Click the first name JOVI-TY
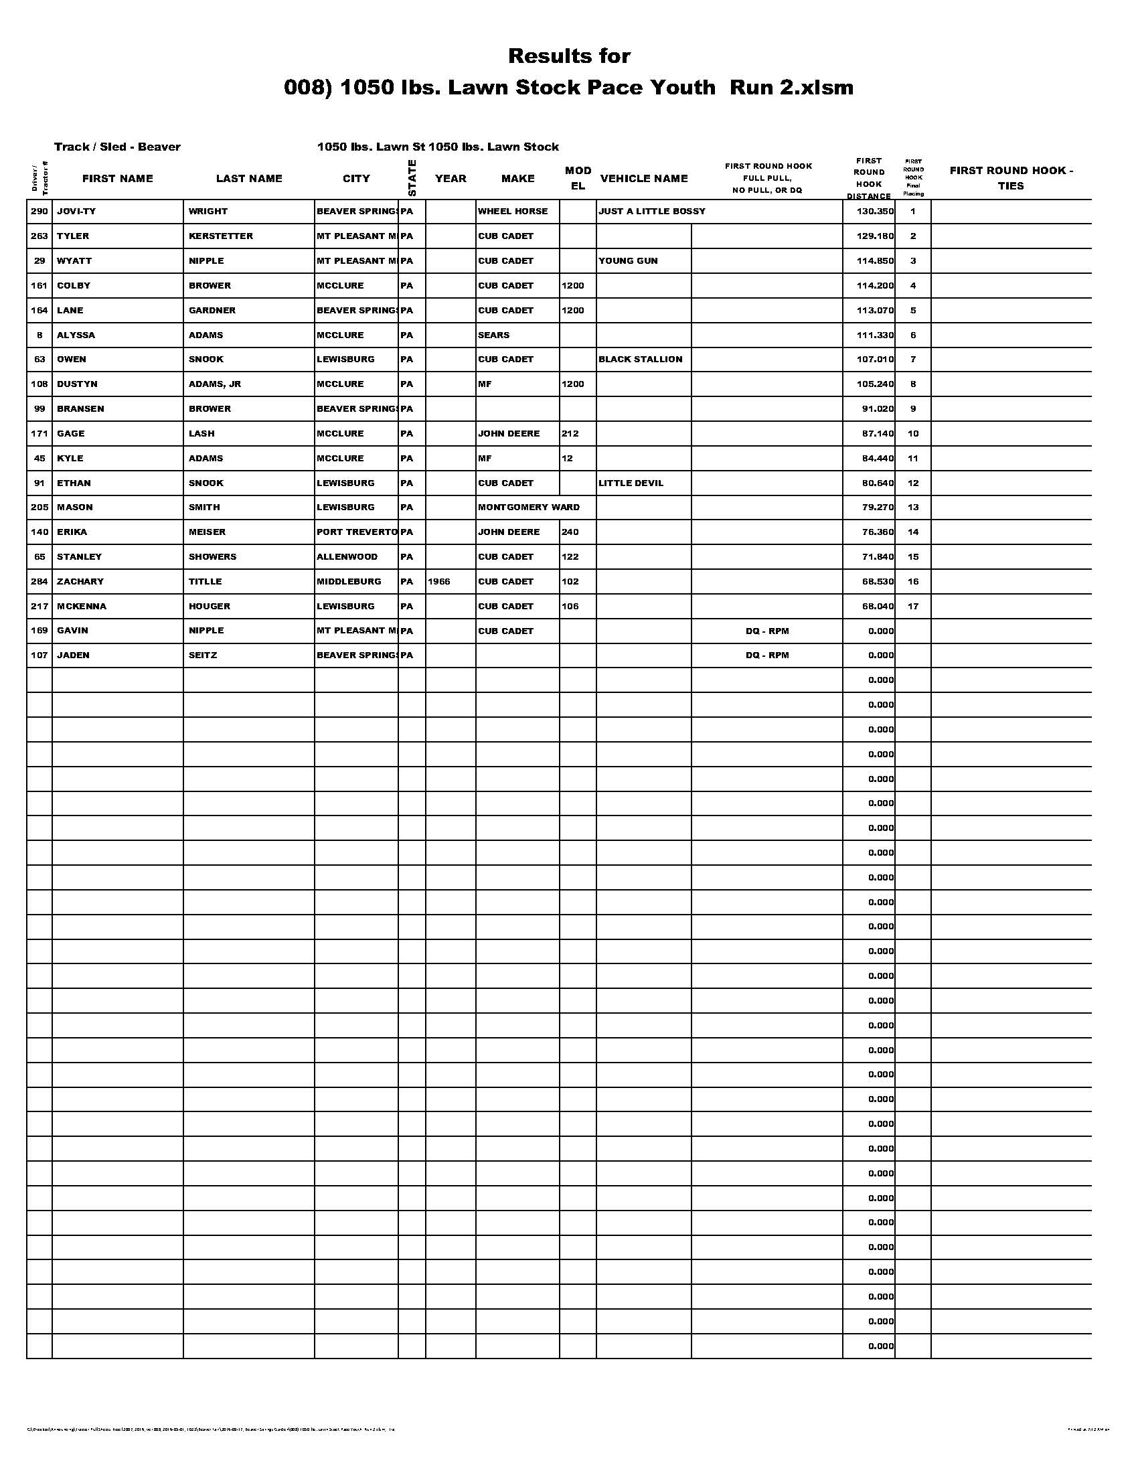tap(76, 211)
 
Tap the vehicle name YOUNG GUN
tap(628, 261)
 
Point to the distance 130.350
tap(874, 211)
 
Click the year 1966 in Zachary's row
tap(438, 581)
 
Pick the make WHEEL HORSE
tap(512, 211)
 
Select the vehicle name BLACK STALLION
tap(640, 360)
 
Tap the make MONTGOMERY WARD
tap(528, 508)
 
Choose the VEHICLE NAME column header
tap(644, 179)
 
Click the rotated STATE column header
tap(412, 178)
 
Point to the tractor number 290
tap(39, 211)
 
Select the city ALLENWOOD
tap(347, 556)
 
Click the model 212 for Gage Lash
tap(570, 433)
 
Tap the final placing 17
tap(913, 607)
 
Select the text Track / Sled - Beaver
tap(117, 147)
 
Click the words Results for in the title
tap(569, 56)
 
